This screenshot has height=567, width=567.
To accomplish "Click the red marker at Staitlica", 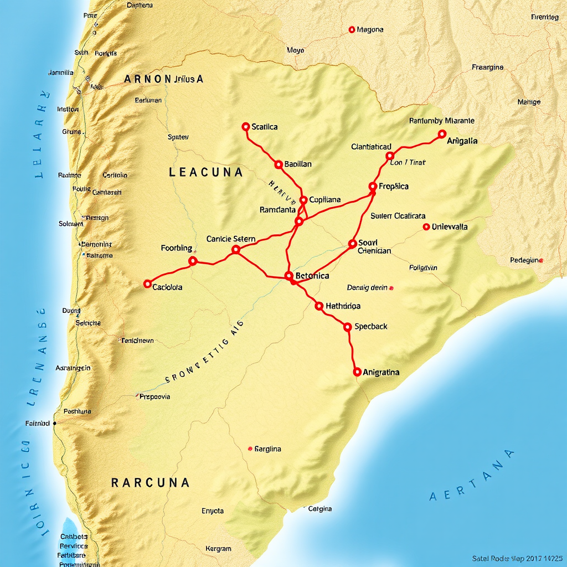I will [246, 127].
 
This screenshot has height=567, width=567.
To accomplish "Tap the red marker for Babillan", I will [279, 164].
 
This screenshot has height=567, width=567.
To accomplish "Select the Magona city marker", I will [352, 29].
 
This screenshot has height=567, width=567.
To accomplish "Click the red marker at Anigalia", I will [441, 134].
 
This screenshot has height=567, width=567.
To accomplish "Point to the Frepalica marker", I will [373, 187].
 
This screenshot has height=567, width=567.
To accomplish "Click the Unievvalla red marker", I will [426, 226].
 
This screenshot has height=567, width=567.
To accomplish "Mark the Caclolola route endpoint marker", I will [147, 284].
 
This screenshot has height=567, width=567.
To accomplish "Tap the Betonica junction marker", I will [288, 276].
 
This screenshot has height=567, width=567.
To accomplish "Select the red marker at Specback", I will [348, 327].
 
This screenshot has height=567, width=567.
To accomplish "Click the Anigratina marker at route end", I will [357, 372].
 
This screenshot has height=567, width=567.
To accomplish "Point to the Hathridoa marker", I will [319, 306].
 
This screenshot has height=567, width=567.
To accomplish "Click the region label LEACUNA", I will [205, 172].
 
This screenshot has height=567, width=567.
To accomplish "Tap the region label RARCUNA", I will [150, 483].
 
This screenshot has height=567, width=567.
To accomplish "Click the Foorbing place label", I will [177, 248].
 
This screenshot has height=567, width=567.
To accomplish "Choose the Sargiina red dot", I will [250, 449].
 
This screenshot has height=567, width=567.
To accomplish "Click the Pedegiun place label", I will [525, 260].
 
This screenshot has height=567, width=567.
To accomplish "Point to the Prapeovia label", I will [155, 396].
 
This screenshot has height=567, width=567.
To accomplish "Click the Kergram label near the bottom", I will [218, 549].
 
